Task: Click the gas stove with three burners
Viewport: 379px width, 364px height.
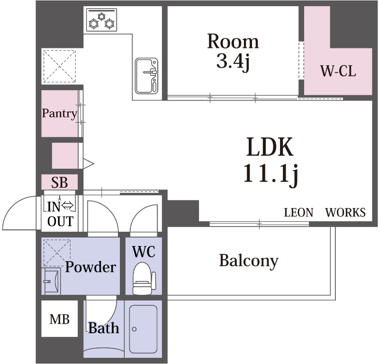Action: click(101, 20)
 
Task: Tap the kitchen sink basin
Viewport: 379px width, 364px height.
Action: click(146, 76)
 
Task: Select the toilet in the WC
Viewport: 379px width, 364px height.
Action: click(144, 279)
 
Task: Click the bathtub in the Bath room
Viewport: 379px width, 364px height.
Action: click(144, 329)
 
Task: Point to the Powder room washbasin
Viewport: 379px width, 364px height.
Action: click(51, 281)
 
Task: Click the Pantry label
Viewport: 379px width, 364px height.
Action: click(60, 113)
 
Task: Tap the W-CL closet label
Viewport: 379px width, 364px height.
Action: click(338, 72)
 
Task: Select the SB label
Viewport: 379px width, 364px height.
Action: click(60, 182)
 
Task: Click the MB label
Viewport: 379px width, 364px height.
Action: click(60, 319)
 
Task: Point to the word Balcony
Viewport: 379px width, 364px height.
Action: click(249, 262)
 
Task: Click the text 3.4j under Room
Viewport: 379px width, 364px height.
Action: click(233, 62)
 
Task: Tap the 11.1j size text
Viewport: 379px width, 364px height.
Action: click(270, 173)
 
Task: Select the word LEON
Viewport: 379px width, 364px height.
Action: click(298, 212)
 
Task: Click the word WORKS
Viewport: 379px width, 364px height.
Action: click(345, 212)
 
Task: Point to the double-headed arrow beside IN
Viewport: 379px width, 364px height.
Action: click(67, 206)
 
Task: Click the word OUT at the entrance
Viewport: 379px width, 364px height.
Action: click(61, 221)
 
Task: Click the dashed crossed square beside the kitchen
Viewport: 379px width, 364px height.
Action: click(60, 66)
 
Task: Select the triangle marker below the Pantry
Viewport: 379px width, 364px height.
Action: click(89, 164)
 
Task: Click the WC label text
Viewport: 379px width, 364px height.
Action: click(144, 252)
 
